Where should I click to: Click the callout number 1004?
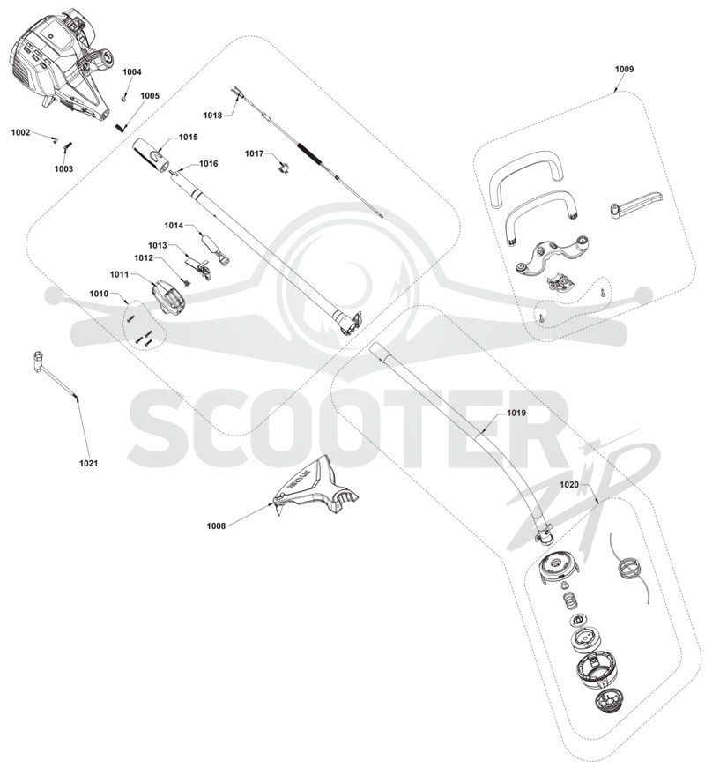[131, 72]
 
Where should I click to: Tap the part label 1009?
[624, 69]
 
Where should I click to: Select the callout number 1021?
[89, 463]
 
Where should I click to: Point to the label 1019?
[516, 413]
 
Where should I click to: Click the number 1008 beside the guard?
[216, 526]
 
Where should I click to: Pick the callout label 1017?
[254, 153]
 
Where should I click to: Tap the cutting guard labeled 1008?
[315, 488]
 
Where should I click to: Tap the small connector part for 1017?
[283, 168]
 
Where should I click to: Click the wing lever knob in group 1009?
[635, 202]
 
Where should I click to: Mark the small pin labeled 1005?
[121, 126]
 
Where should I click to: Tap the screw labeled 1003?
[68, 146]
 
